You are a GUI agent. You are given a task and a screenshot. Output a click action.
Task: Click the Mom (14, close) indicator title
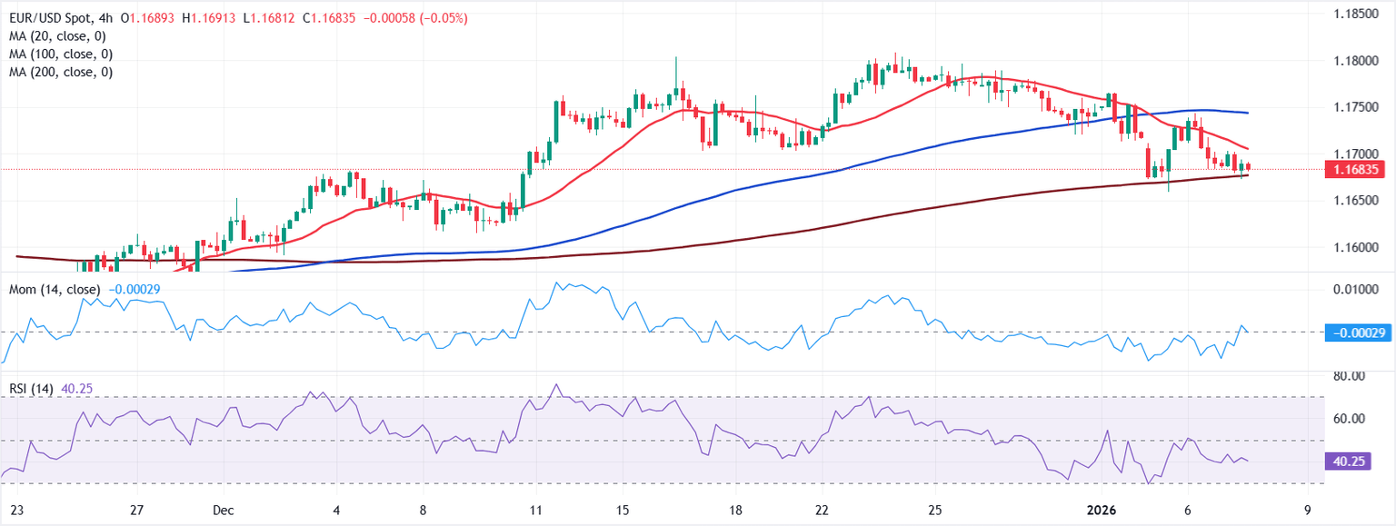pyautogui.click(x=56, y=289)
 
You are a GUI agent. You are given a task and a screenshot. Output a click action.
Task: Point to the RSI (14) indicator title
pyautogui.click(x=32, y=389)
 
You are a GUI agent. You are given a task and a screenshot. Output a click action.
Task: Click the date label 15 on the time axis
pyautogui.click(x=623, y=510)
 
